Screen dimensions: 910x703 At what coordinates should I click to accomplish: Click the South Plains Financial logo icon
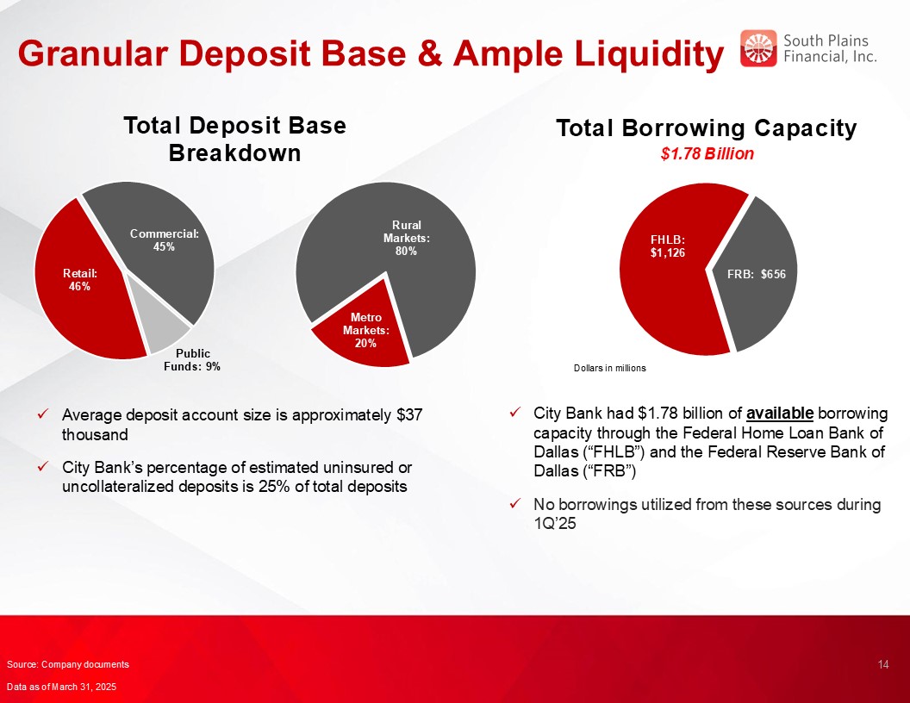pos(758,48)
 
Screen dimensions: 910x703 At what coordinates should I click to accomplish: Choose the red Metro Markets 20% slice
pos(363,331)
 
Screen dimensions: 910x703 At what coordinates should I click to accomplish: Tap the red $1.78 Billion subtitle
pos(707,153)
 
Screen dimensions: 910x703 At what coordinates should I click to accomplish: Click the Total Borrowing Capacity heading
pos(707,128)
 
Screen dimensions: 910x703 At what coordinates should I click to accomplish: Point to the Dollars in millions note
pos(609,369)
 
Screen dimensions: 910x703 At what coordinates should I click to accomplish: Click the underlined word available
pos(780,413)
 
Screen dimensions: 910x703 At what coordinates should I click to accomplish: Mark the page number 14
pos(883,664)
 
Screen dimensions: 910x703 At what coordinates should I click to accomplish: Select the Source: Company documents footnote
pos(68,665)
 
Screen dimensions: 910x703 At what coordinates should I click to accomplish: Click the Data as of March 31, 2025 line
pos(61,687)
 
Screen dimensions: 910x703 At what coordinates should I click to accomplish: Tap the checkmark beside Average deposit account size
pos(42,414)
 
